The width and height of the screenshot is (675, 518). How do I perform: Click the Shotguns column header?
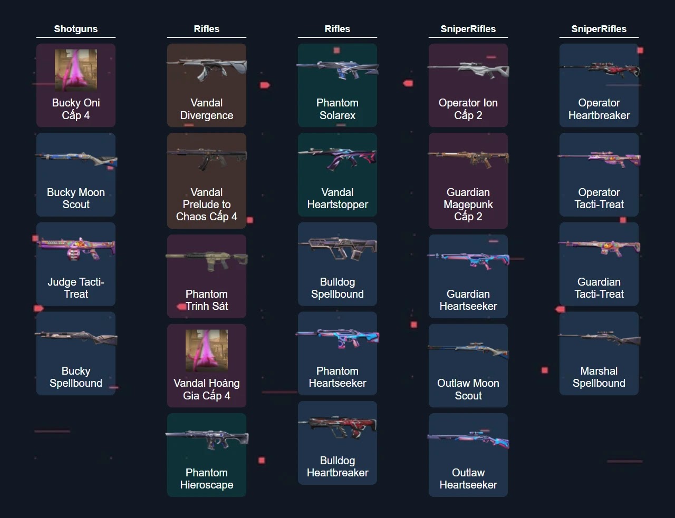click(x=75, y=29)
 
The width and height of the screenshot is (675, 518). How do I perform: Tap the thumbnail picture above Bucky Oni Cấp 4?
click(x=76, y=70)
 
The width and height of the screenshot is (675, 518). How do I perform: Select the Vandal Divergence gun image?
click(x=207, y=69)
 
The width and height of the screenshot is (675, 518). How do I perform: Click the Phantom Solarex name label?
click(x=337, y=109)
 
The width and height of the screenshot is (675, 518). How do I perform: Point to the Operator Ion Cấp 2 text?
click(x=468, y=109)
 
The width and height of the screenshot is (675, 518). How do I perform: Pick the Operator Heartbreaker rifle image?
click(x=599, y=70)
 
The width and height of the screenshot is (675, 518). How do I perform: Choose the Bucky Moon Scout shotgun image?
click(x=76, y=159)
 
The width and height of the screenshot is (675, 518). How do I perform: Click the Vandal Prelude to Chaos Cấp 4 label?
click(x=207, y=204)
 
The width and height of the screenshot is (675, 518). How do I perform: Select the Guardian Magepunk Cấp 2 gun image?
click(x=468, y=158)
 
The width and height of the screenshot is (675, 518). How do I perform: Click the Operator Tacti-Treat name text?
click(x=599, y=199)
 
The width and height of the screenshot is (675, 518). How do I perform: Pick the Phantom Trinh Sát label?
click(x=207, y=300)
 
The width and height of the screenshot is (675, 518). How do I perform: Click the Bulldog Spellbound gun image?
click(x=337, y=248)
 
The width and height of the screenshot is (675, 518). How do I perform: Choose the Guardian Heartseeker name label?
click(x=468, y=300)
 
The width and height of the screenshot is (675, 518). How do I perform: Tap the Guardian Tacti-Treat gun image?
click(x=599, y=247)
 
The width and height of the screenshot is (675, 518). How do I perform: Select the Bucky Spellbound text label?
click(x=76, y=377)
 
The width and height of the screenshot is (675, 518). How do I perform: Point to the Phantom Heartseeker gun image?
click(x=337, y=338)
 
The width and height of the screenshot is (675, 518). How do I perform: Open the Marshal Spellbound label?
click(x=599, y=377)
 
